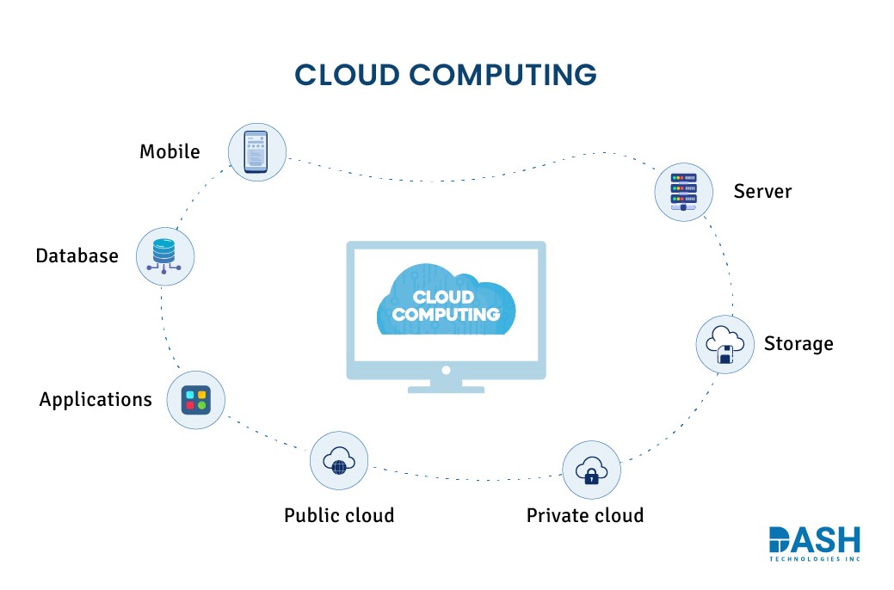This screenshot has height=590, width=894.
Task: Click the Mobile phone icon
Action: pos(256,151)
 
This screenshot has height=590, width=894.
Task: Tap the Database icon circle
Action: pos(166,256)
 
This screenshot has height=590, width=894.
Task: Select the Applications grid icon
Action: pos(195,401)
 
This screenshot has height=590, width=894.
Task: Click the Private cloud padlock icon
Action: pos(591,470)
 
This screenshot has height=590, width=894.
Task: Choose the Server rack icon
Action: pos(683,191)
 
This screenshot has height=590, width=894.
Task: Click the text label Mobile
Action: pos(170,152)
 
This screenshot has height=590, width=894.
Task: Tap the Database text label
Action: pos(77,255)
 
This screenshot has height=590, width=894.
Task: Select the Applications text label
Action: pos(96,400)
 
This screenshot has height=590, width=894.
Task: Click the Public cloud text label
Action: pos(339,515)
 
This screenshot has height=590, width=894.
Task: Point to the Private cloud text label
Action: pos(585,515)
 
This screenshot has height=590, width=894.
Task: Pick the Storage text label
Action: pos(798,344)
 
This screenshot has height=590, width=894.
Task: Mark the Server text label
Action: pos(762,191)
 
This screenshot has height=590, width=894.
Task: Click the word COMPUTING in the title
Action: pos(502,76)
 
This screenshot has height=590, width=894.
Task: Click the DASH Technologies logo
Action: pos(814,544)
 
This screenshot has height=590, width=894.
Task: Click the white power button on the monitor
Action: pos(446,370)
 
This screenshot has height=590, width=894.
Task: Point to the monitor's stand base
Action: pos(446,389)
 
